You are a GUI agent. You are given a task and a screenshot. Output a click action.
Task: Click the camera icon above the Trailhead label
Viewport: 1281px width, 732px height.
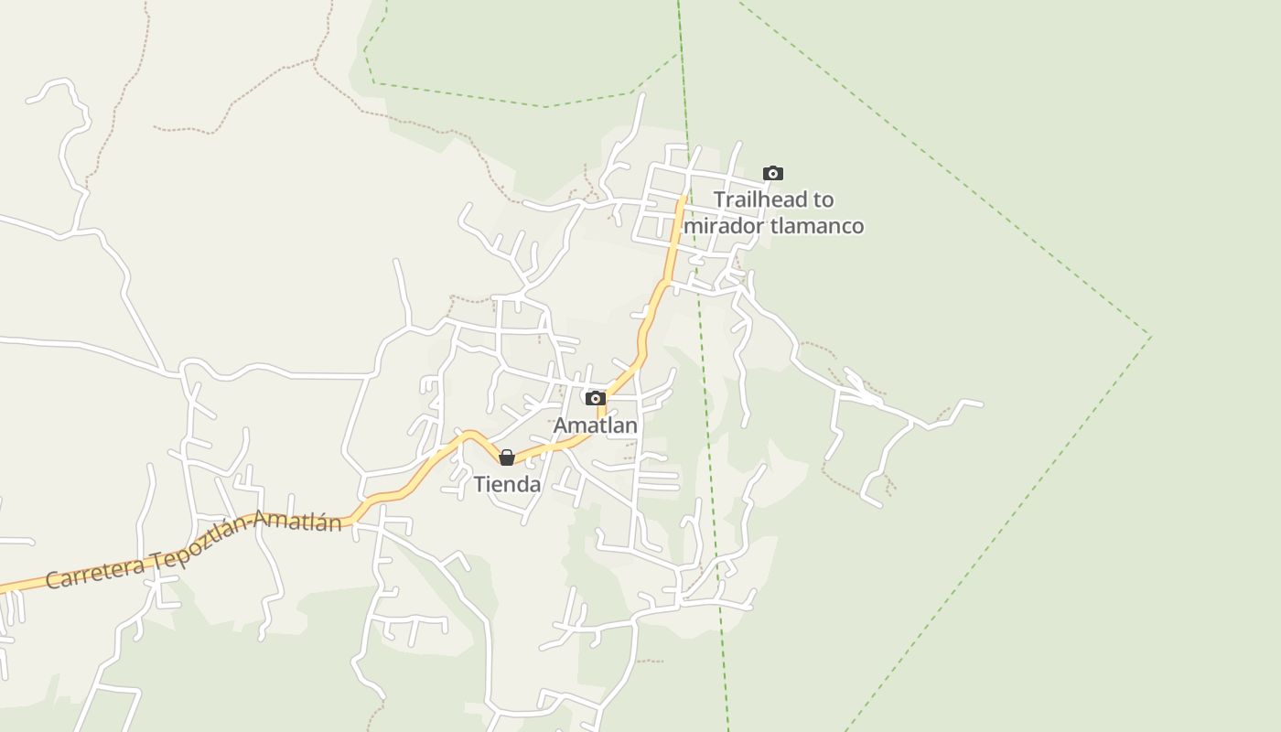(773, 173)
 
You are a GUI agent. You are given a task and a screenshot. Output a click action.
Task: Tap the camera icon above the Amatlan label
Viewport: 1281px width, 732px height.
(596, 398)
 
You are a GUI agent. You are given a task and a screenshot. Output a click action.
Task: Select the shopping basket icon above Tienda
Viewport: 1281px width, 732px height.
(507, 457)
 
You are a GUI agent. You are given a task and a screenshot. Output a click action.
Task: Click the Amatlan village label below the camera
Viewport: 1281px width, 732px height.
(596, 425)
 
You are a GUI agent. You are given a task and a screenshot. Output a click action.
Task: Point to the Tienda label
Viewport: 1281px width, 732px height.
(507, 485)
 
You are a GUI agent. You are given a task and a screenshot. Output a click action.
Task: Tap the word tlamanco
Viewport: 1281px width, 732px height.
(817, 226)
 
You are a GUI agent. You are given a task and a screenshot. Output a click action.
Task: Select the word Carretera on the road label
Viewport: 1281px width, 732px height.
(95, 573)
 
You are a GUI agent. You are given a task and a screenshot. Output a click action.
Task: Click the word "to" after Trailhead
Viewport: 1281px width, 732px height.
(823, 199)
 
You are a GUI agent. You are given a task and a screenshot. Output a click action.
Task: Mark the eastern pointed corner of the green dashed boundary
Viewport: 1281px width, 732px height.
(1151, 337)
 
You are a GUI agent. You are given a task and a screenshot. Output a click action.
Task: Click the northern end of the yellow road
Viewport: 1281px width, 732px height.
(684, 195)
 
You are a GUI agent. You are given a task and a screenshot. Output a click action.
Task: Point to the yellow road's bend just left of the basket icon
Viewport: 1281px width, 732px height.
(469, 434)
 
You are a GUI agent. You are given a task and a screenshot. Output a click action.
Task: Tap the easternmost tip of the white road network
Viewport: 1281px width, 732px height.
(982, 404)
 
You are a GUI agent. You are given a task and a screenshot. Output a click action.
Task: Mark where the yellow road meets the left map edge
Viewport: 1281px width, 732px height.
(2, 589)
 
